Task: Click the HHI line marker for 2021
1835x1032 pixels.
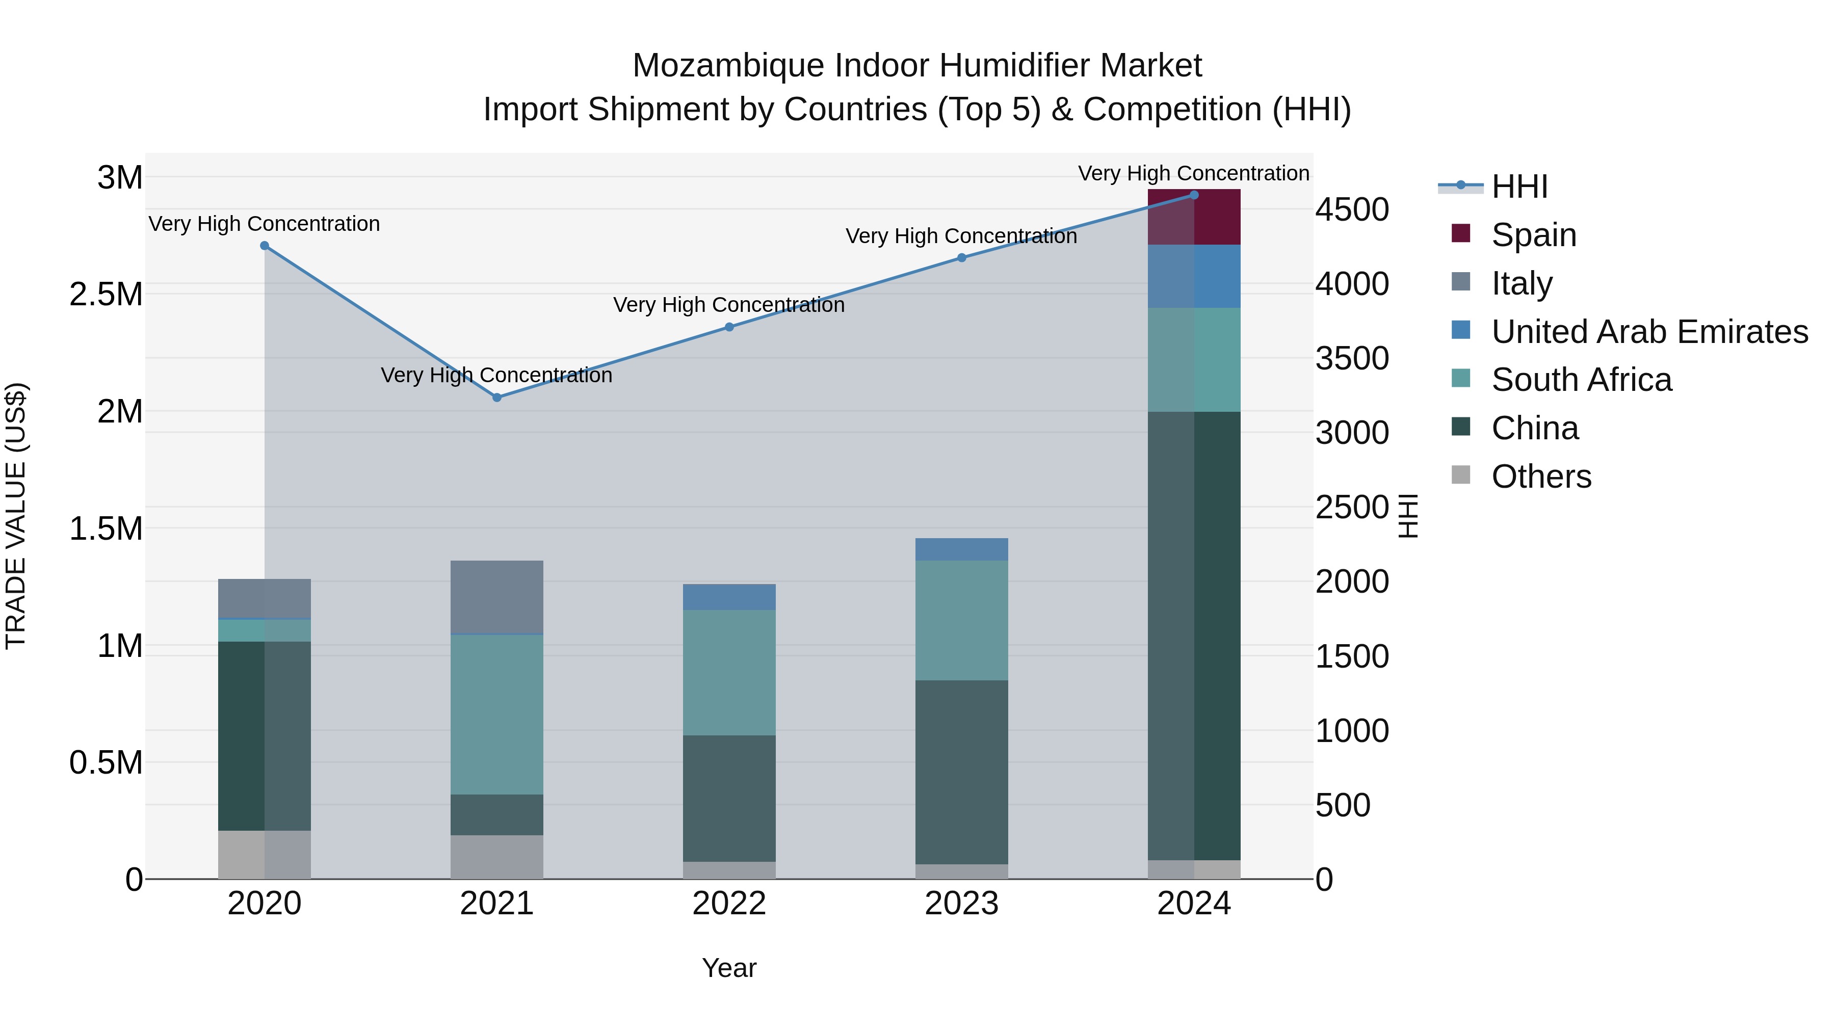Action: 496,398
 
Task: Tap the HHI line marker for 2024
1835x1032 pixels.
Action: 1194,195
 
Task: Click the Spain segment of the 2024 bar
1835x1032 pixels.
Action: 1194,217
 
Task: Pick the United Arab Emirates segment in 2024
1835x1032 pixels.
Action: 1194,276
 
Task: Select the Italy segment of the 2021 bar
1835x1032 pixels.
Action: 496,596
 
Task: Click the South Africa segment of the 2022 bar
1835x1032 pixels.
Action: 729,672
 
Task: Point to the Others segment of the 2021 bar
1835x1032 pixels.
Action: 496,857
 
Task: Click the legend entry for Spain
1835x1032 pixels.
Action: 1533,235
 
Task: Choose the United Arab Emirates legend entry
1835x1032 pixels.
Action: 1649,332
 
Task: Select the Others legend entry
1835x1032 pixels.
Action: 1541,477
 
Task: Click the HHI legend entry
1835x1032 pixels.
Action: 1519,187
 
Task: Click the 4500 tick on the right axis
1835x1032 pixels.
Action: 1351,210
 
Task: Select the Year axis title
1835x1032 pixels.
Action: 729,968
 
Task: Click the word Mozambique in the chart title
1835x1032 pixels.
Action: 728,66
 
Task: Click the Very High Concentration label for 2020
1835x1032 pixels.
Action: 264,224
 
